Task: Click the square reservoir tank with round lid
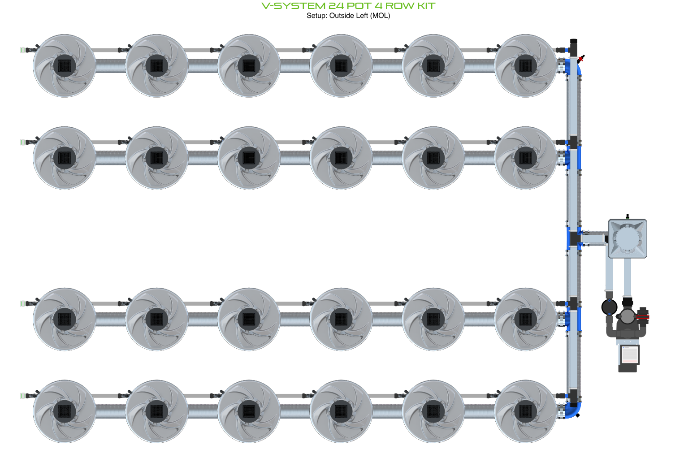coord(627,238)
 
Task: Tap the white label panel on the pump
coord(628,354)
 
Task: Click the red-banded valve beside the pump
coord(643,316)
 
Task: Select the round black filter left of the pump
coord(609,307)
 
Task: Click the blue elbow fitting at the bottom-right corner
coord(573,410)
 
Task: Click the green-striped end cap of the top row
coord(22,50)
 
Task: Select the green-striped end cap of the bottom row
coord(22,396)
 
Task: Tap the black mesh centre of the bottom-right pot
coord(525,411)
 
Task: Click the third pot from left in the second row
coord(249,158)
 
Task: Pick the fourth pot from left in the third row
coord(341,319)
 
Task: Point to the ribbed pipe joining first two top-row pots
coord(110,66)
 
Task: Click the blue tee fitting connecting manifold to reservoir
coord(573,238)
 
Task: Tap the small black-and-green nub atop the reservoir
coord(628,216)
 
